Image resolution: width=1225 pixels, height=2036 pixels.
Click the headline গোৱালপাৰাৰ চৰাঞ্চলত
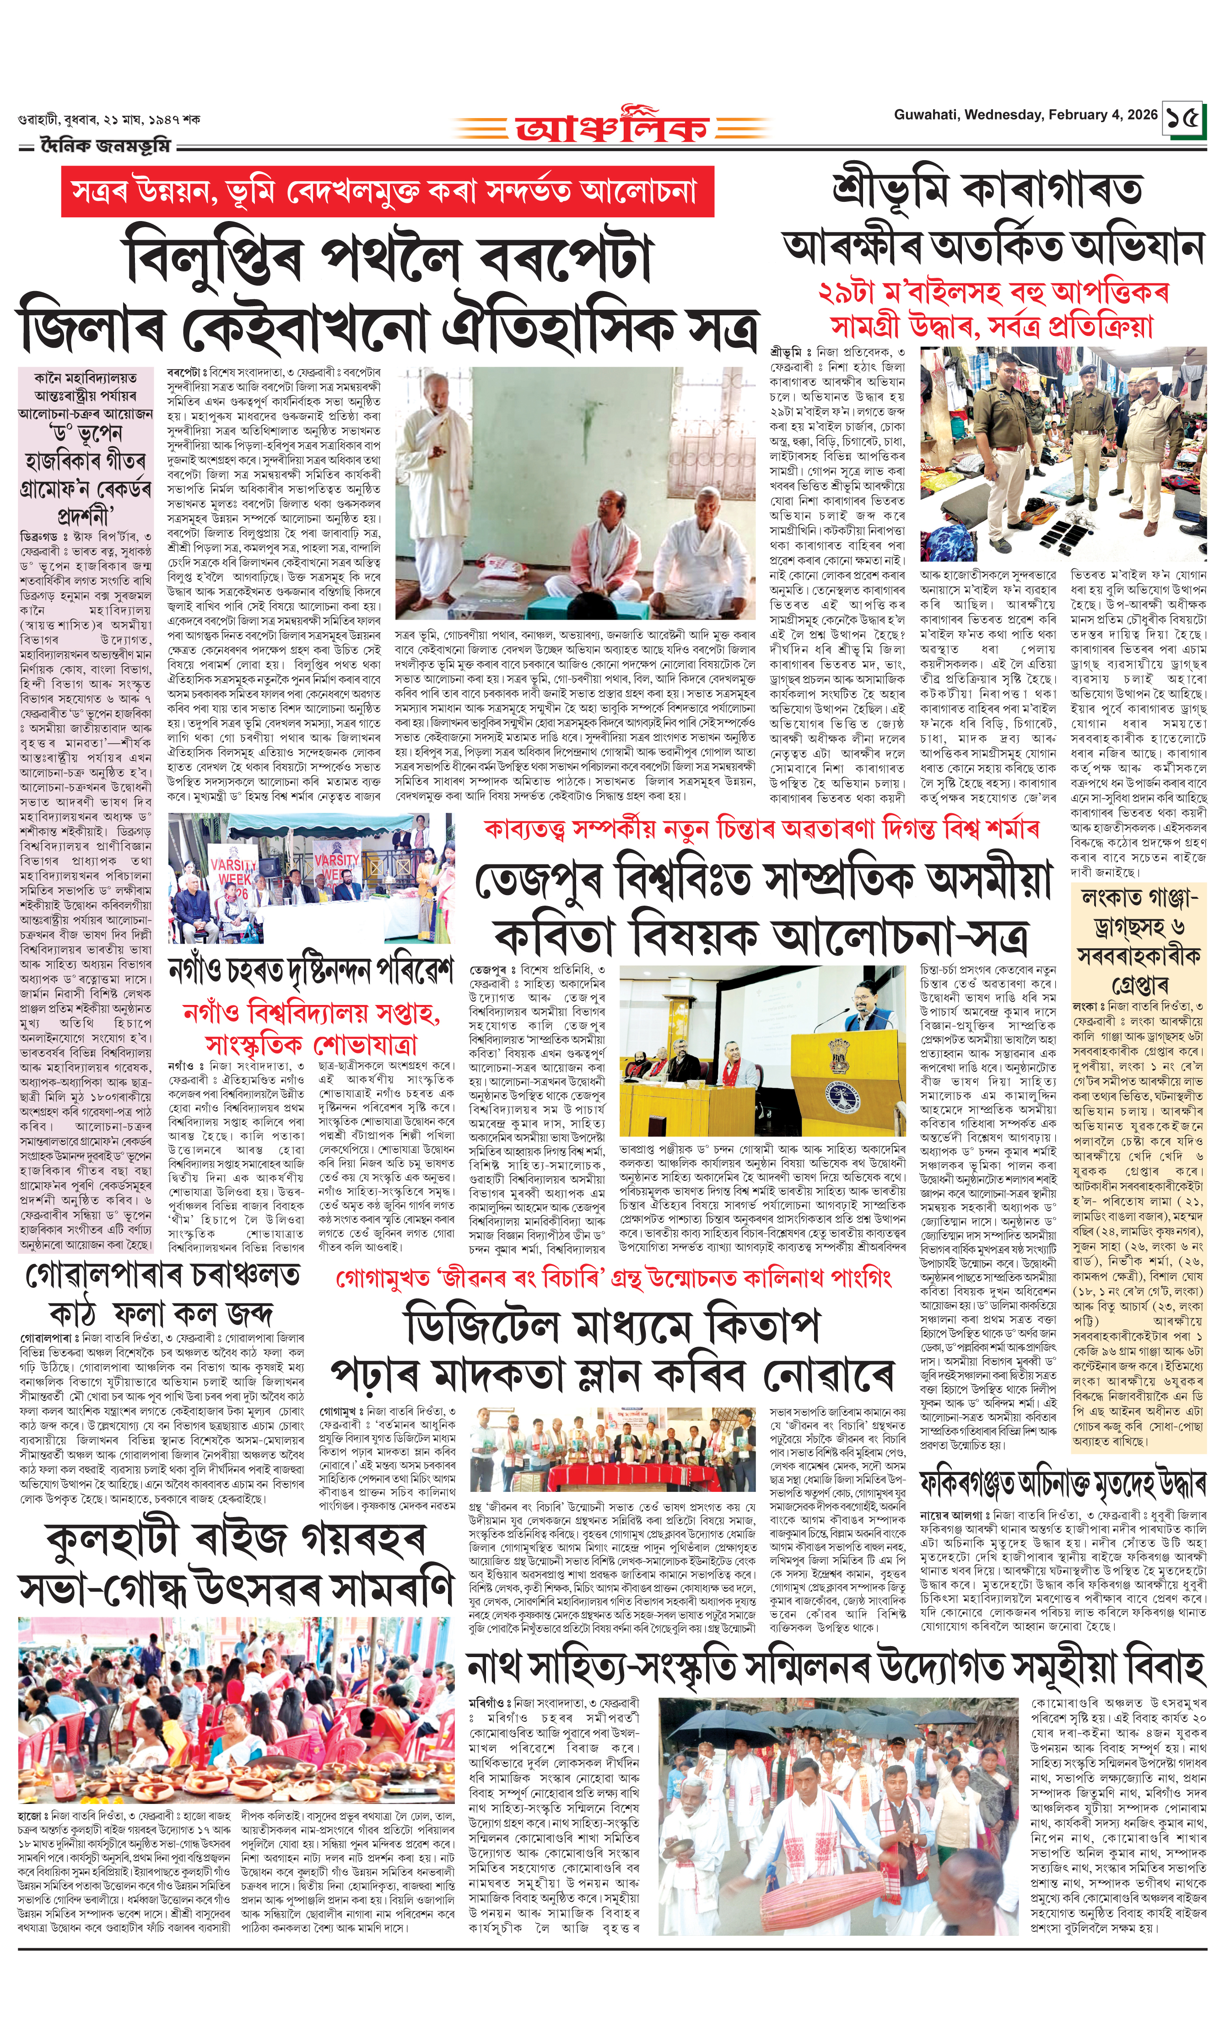[x=162, y=1276]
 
